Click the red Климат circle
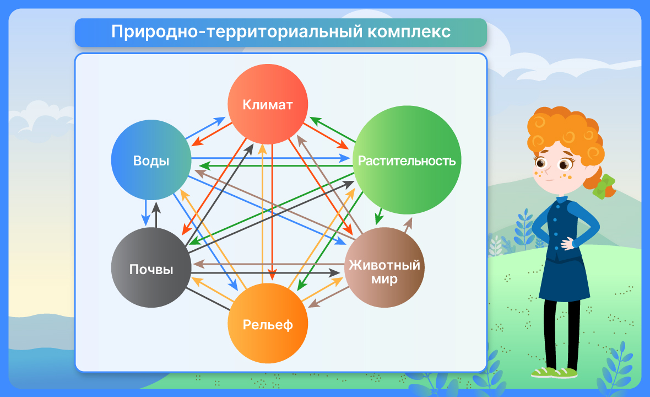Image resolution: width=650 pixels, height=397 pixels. pos(268,104)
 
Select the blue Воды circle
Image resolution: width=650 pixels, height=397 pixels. pos(151,160)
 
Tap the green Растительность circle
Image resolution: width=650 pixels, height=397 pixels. pos(407,160)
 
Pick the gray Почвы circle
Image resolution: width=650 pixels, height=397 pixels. pos(151,267)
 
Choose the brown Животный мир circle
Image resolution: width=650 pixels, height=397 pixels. pos(384,267)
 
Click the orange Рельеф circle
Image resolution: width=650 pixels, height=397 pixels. pos(268,323)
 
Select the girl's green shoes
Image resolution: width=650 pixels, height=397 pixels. pos(554,372)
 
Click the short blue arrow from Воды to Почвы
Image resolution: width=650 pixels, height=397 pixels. pos(145,213)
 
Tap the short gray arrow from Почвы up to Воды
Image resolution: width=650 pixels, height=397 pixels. pos(156,214)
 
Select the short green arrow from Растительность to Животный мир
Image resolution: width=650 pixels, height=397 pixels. pos(379,216)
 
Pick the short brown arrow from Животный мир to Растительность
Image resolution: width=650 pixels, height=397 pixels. pos(408,224)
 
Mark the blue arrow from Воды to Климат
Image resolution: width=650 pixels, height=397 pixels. pos(205,128)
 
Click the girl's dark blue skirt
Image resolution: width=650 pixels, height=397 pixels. pos(564,277)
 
